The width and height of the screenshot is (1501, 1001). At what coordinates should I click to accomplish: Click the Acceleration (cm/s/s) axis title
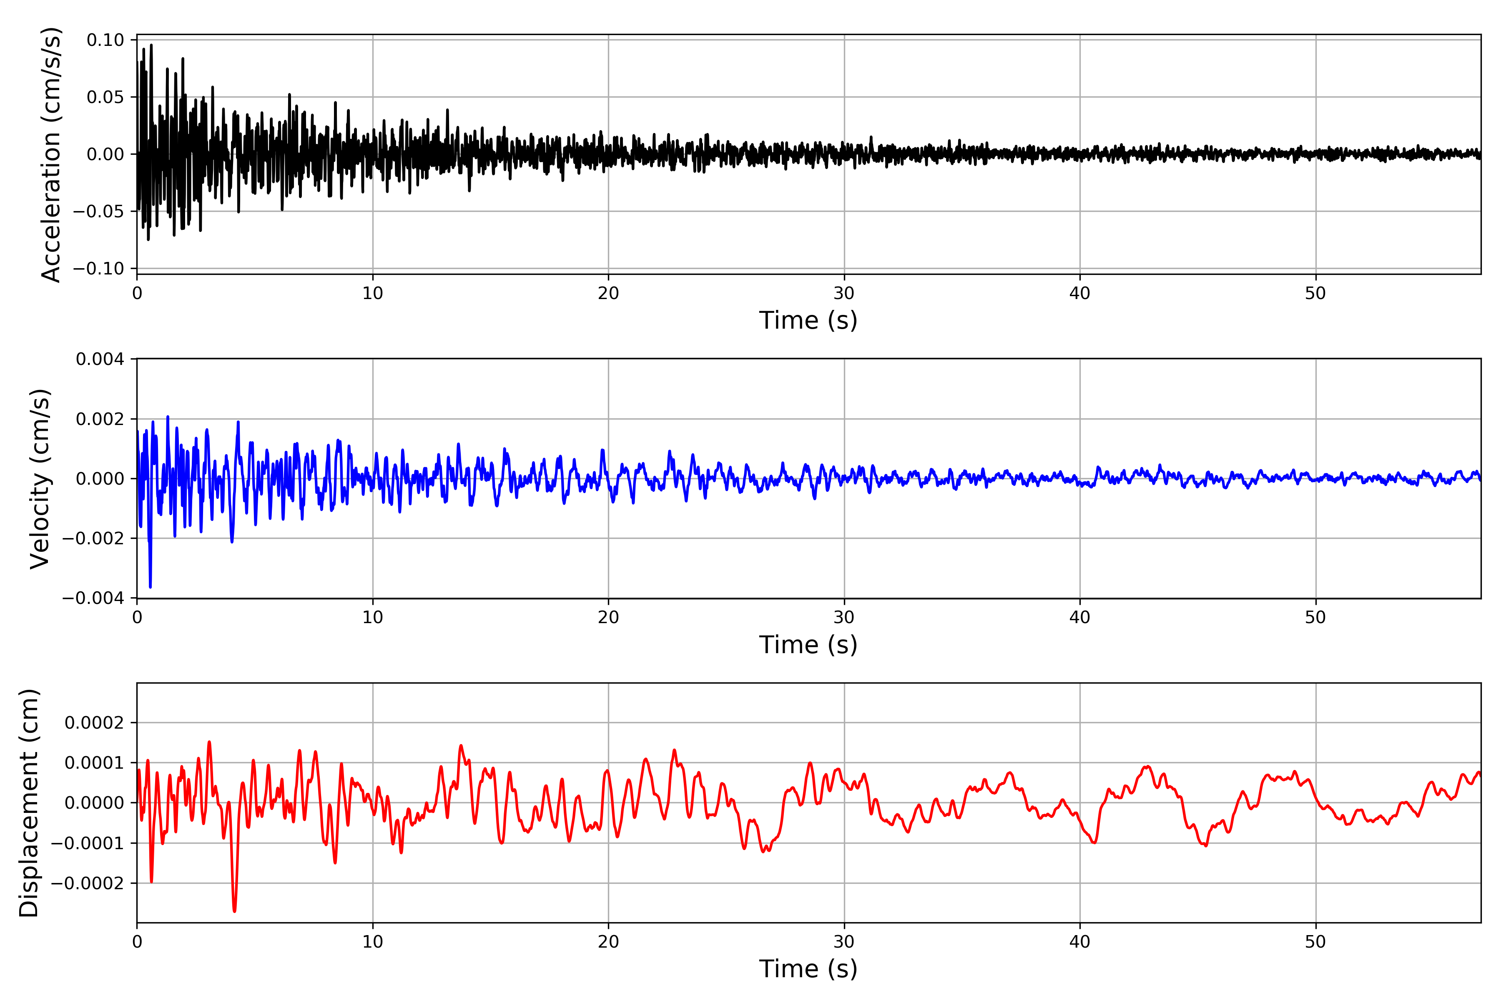pyautogui.click(x=50, y=154)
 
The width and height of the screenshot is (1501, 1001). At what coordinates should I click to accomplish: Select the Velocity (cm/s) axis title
pyautogui.click(x=40, y=479)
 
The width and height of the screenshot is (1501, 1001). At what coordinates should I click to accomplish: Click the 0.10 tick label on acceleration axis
pyautogui.click(x=105, y=40)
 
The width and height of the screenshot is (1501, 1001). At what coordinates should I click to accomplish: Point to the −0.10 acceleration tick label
pyautogui.click(x=98, y=269)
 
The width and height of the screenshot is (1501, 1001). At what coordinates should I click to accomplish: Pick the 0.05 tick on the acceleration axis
pyautogui.click(x=105, y=97)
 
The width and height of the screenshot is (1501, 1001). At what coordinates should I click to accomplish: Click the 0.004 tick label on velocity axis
pyautogui.click(x=100, y=360)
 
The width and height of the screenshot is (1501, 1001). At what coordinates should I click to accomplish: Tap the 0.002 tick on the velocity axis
pyautogui.click(x=100, y=420)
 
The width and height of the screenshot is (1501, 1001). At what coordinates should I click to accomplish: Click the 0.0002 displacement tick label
pyautogui.click(x=95, y=723)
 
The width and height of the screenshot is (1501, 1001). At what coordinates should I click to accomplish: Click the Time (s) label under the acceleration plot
pyautogui.click(x=808, y=320)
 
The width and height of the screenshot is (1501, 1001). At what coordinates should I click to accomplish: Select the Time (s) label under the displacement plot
pyautogui.click(x=808, y=969)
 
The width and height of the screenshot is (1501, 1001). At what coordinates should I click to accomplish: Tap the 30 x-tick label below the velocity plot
pyautogui.click(x=843, y=617)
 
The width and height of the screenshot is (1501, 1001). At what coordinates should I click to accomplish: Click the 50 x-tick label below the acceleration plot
pyautogui.click(x=1315, y=294)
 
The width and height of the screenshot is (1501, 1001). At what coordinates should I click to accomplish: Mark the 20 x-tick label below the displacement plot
pyautogui.click(x=608, y=942)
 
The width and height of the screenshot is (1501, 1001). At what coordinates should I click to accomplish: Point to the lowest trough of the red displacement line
pyautogui.click(x=234, y=911)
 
